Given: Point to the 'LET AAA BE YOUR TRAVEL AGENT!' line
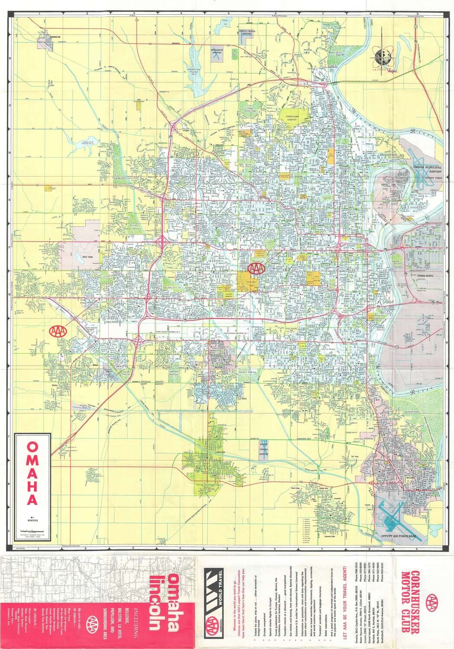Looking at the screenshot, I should tap(345, 599).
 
